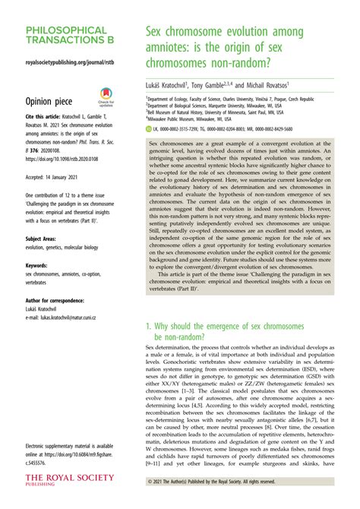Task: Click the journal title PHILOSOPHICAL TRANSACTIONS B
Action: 66,37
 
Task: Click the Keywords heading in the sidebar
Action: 37,265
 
